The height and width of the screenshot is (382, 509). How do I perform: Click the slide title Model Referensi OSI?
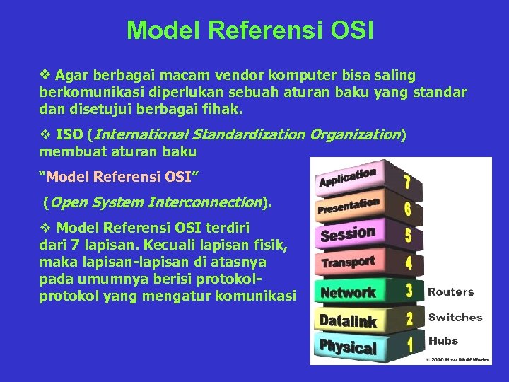(250, 30)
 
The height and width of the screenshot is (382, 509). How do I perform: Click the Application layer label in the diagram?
(347, 178)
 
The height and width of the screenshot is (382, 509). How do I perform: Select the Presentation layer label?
(349, 206)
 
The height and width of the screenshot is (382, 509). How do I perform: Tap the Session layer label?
(348, 233)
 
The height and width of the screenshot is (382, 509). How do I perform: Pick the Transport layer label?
(348, 262)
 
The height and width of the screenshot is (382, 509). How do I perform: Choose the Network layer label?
(348, 291)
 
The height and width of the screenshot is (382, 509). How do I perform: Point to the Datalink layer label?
(348, 320)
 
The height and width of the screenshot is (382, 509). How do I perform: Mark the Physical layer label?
(348, 347)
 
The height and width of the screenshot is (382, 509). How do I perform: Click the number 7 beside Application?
(407, 181)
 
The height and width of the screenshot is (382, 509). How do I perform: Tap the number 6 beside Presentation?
(408, 209)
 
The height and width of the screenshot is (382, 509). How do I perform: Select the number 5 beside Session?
(409, 236)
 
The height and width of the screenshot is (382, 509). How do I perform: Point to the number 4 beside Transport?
(409, 263)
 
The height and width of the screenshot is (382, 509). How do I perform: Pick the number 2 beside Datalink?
(409, 318)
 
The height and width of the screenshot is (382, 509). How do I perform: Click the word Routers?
(451, 291)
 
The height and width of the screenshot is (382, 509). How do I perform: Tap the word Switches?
(455, 318)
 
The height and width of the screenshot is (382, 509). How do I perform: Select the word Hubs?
(443, 341)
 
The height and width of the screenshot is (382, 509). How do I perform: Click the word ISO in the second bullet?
(69, 134)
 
